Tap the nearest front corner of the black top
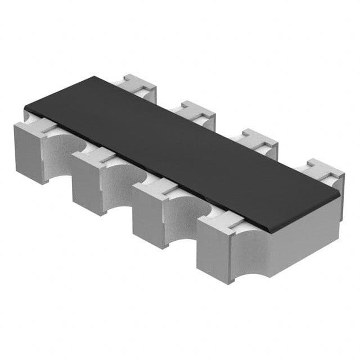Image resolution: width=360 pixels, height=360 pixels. tap(269, 231)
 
